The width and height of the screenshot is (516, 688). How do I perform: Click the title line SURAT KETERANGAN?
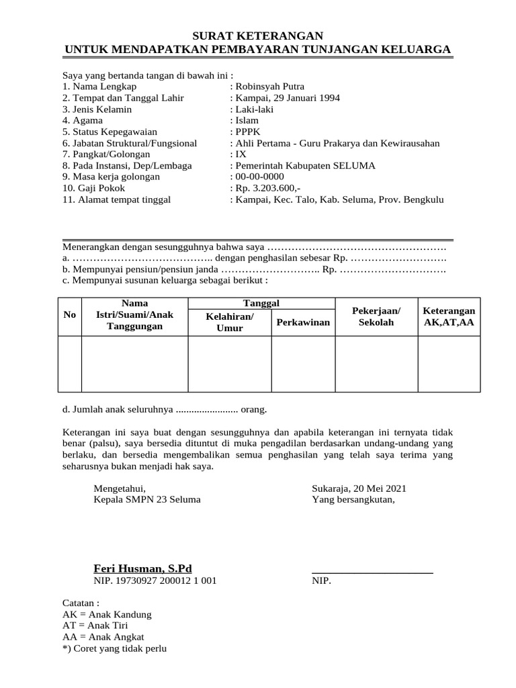258,36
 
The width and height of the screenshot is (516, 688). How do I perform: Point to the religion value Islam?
246,120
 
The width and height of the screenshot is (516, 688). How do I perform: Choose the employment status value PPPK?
247,132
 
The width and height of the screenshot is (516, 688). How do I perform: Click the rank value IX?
241,155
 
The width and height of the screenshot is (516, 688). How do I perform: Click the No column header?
69,316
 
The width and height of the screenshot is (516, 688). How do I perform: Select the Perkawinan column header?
303,322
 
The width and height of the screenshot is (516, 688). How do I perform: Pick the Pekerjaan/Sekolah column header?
376,316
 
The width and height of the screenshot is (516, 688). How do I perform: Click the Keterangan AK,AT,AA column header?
449,316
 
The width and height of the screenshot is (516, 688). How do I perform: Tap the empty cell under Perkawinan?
303,363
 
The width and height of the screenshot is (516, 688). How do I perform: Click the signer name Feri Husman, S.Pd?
142,568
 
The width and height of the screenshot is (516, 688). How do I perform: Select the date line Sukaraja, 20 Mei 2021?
359,488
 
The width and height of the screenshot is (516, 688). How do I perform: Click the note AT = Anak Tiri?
99,626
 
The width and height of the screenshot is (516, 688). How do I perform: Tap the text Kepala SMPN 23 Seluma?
147,500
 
